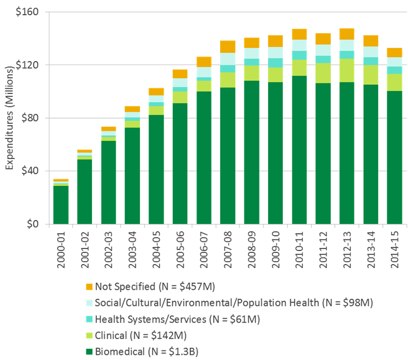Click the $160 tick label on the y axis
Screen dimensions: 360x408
point(31,12)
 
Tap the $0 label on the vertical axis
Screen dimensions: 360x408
point(36,224)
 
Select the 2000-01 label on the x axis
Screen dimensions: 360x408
point(62,245)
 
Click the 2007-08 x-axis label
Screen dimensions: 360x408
point(228,245)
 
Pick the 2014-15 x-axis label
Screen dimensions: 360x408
point(395,245)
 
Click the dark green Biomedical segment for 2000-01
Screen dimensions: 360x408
point(61,204)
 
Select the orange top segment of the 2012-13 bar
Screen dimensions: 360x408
point(347,34)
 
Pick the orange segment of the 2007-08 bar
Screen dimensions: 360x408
point(228,46)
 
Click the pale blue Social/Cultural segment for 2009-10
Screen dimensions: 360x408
point(276,53)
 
